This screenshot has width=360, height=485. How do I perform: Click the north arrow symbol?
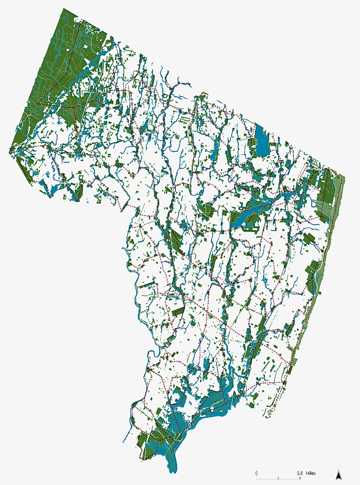(x=339, y=475)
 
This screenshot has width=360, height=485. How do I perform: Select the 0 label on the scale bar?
(x=257, y=473)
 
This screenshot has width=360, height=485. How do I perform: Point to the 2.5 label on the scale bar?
(x=300, y=473)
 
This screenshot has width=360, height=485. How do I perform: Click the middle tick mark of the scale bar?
(x=278, y=477)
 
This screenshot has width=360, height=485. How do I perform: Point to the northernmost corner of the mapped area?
(x=64, y=8)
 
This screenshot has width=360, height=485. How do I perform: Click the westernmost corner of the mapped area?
(x=10, y=153)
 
